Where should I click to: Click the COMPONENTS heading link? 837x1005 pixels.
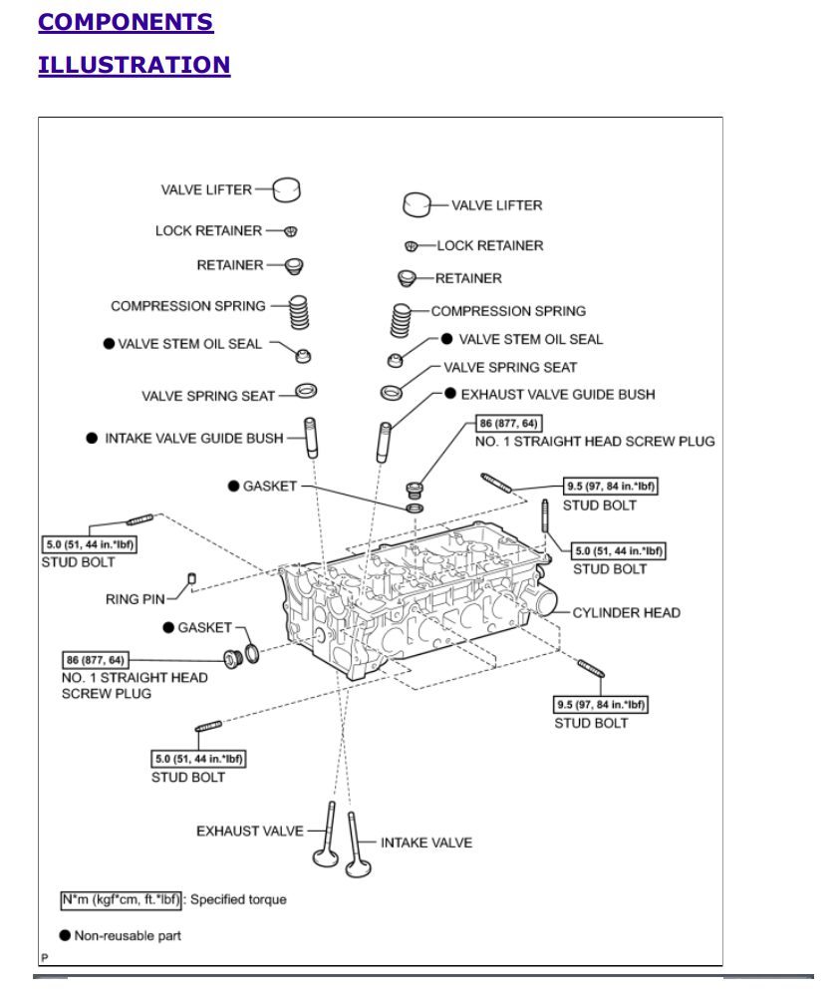[x=126, y=22]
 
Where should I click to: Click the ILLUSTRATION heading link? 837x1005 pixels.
[x=134, y=65]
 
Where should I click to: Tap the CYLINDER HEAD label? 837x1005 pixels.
[x=626, y=612]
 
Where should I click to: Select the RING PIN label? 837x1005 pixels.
[x=136, y=599]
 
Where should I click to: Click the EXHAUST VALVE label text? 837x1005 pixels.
[x=249, y=831]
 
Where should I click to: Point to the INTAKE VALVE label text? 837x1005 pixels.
[x=426, y=842]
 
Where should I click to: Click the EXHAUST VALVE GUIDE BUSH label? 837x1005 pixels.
[x=557, y=395]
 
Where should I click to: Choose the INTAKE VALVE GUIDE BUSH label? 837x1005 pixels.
[x=194, y=437]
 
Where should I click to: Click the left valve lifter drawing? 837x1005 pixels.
[x=287, y=188]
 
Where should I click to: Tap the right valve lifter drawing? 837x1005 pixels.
[x=416, y=204]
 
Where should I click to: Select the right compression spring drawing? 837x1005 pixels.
[x=400, y=320]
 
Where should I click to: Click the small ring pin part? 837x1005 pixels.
[x=192, y=579]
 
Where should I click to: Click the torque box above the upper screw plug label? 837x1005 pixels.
[x=510, y=424]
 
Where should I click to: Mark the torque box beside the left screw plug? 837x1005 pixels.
[x=97, y=660]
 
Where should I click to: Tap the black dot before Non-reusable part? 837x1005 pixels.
[x=65, y=935]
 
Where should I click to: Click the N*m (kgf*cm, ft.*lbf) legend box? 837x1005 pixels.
[x=122, y=899]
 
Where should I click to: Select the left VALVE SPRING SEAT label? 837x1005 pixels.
[x=207, y=396]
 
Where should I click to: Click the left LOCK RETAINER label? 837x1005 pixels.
[x=208, y=230]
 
